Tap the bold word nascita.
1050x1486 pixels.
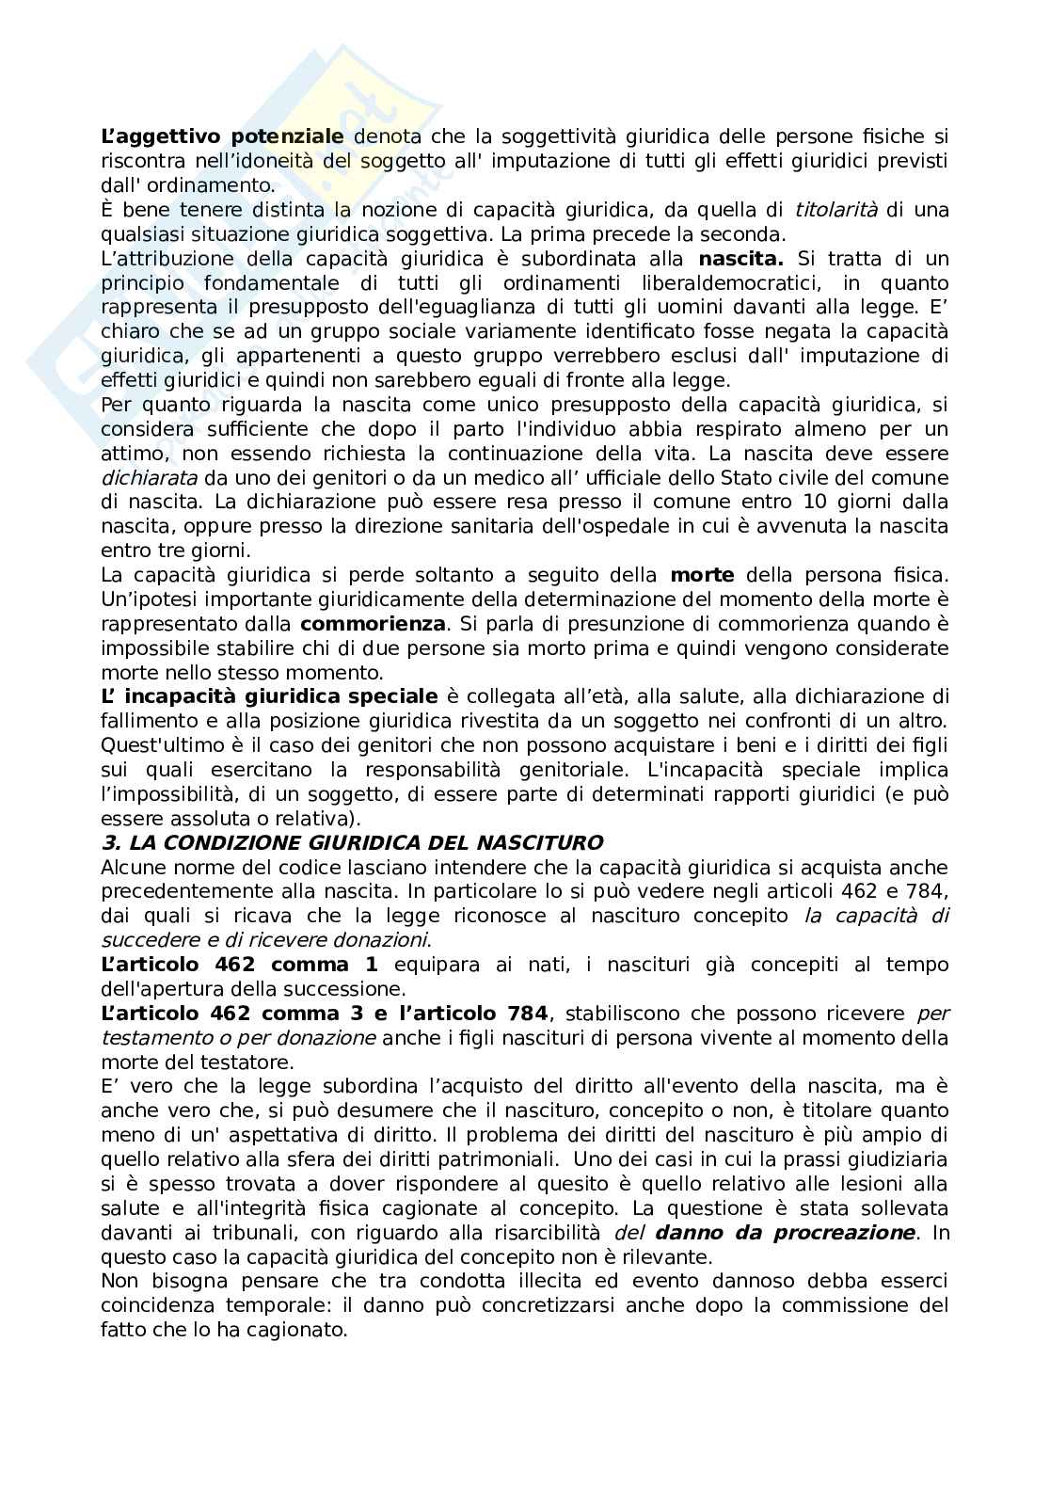pos(741,258)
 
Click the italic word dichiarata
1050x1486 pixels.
pos(144,478)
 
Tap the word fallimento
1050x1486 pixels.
pos(148,721)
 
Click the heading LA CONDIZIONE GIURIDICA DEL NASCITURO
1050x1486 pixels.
pos(352,842)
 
